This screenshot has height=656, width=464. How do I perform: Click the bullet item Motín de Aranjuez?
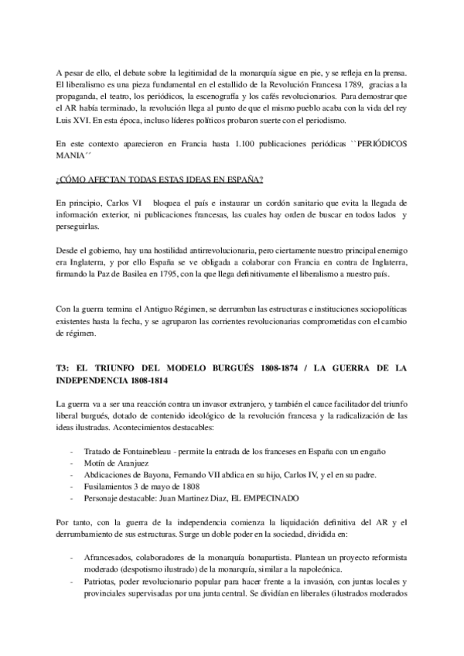click(x=97, y=464)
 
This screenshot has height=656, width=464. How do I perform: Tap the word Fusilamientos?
click(x=96, y=489)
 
